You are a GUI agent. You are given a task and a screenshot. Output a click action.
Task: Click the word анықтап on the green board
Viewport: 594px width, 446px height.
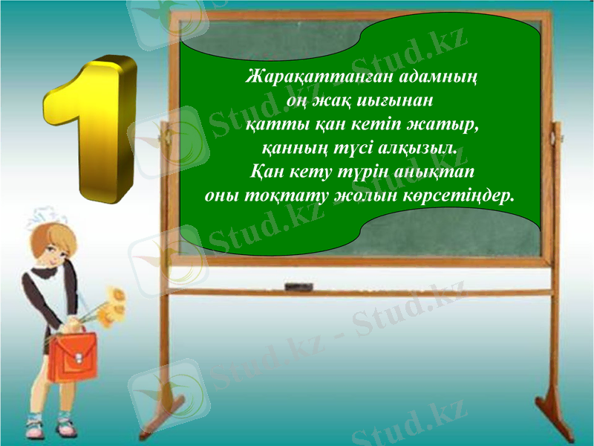pyautogui.click(x=428, y=172)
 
